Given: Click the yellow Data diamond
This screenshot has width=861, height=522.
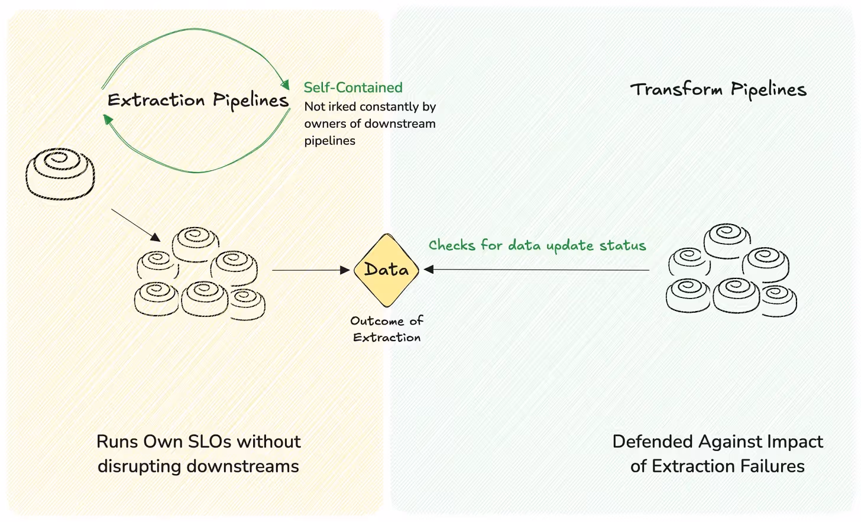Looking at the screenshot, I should click(x=386, y=270).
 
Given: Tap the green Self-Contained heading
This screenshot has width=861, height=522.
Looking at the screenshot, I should click(x=353, y=87).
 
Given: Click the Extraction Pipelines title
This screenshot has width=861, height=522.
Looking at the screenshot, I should click(x=198, y=100).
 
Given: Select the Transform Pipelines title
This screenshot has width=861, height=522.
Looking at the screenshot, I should click(x=718, y=89).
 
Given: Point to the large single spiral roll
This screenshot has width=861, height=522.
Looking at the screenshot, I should click(x=60, y=173).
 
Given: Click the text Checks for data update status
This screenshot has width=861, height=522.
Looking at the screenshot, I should click(x=537, y=245).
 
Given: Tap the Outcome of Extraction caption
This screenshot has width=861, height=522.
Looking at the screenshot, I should click(x=387, y=329).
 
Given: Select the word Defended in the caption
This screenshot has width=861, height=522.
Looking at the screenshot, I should click(x=653, y=442).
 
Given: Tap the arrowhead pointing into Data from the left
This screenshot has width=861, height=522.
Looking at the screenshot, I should click(x=345, y=270).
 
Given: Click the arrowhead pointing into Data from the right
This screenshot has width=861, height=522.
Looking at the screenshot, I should click(x=429, y=270).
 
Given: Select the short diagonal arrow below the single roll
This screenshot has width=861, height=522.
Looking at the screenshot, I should click(x=135, y=225).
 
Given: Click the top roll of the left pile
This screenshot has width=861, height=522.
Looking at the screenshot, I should click(x=195, y=243).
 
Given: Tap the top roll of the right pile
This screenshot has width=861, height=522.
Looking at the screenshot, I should click(x=727, y=240).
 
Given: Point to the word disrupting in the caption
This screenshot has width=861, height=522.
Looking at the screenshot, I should click(x=140, y=466).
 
